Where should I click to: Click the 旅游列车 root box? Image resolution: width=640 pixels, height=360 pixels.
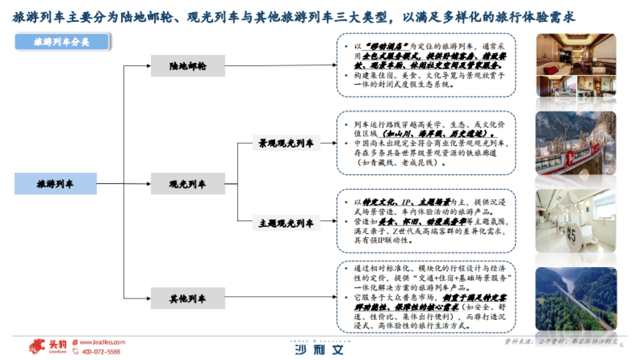[x=55, y=184]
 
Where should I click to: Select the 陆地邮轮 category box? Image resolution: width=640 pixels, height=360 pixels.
[x=188, y=67]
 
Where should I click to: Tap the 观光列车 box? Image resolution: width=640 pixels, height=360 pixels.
[x=188, y=184]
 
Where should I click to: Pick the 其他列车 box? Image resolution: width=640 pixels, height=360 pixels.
[x=188, y=298]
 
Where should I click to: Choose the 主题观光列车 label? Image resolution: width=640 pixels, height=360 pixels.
[x=286, y=223]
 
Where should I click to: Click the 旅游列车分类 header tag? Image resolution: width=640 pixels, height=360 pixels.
[x=62, y=42]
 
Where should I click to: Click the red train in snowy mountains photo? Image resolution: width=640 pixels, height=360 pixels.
[x=575, y=143]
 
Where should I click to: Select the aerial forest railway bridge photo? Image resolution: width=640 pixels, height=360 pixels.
[x=575, y=299]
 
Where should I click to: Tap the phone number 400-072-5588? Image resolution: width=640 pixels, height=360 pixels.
[x=100, y=352]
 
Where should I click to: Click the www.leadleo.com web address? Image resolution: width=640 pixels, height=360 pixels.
[x=102, y=342]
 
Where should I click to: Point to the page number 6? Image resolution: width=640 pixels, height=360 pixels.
[x=621, y=345]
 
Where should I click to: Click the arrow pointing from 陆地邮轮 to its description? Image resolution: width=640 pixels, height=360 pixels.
[x=280, y=66]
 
